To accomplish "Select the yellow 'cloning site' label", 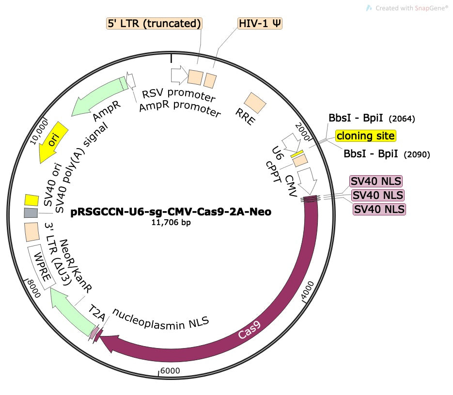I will click(x=366, y=136).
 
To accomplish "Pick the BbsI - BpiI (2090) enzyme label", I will click(x=387, y=154).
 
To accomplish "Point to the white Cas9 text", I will click(x=250, y=334).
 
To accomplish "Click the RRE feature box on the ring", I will click(x=255, y=103).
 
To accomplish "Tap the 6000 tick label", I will click(x=170, y=371).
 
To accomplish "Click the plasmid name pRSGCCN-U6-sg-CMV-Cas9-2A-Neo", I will click(x=171, y=212).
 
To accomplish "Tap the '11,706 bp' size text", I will click(x=171, y=223).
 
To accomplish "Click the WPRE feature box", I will click(x=38, y=266).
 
